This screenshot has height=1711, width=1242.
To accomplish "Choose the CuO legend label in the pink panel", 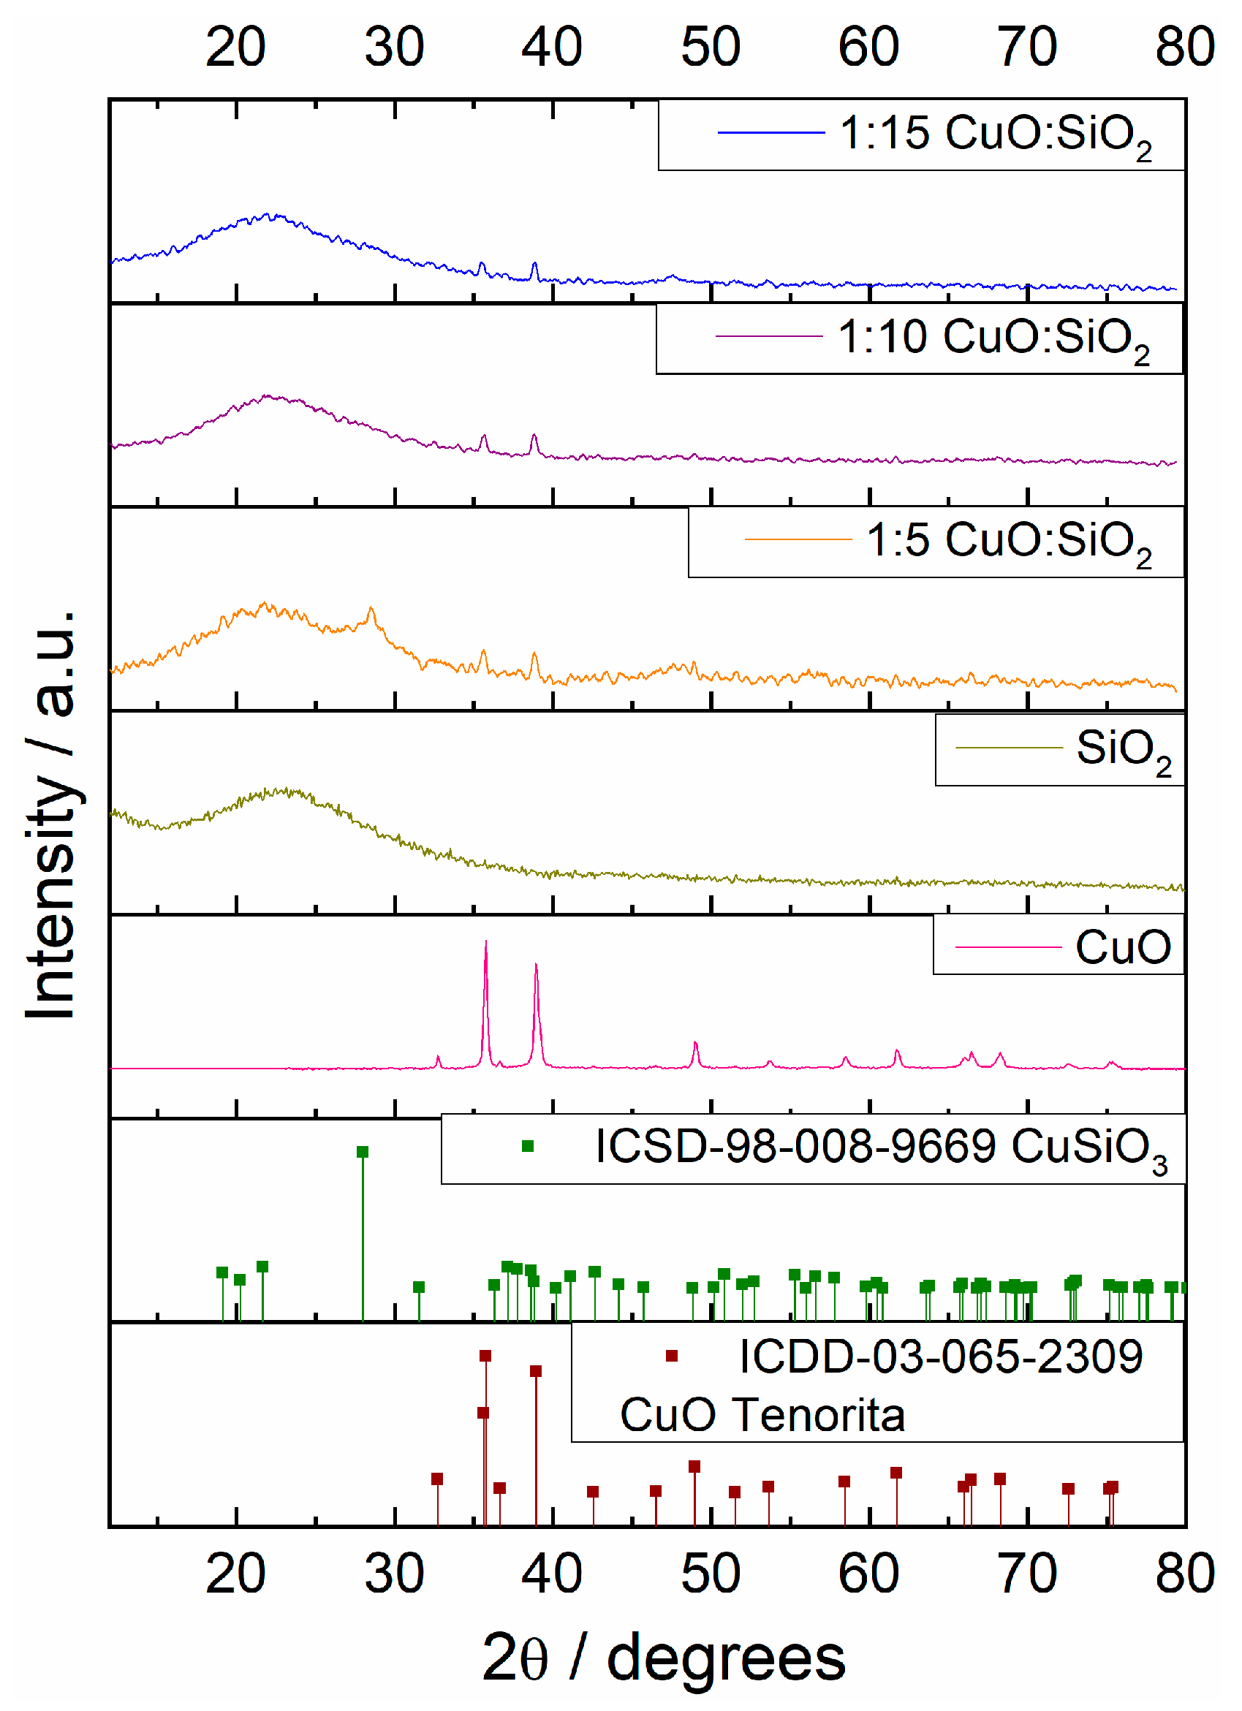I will click(x=1122, y=946).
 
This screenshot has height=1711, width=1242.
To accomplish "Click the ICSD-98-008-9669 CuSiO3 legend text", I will click(x=881, y=1147).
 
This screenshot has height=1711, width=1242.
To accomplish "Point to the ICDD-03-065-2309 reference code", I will click(x=940, y=1357).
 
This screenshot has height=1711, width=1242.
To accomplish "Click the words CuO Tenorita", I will click(x=762, y=1414).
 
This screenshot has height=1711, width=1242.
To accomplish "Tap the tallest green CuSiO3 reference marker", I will click(x=363, y=1152).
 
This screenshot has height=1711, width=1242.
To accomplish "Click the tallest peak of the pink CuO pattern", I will click(x=486, y=943).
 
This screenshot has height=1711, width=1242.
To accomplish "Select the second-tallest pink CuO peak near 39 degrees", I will click(x=536, y=965).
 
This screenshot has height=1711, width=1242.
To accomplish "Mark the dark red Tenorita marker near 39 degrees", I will click(x=536, y=1372).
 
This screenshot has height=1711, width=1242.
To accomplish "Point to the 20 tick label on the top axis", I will click(x=235, y=47).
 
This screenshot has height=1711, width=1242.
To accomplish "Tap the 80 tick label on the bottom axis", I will click(x=1185, y=1574).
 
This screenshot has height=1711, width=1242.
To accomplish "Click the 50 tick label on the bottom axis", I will click(x=710, y=1574).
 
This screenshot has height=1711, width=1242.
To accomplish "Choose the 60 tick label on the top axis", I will click(x=868, y=47).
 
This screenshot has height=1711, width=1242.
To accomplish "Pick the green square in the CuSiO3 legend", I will click(x=528, y=1147).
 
